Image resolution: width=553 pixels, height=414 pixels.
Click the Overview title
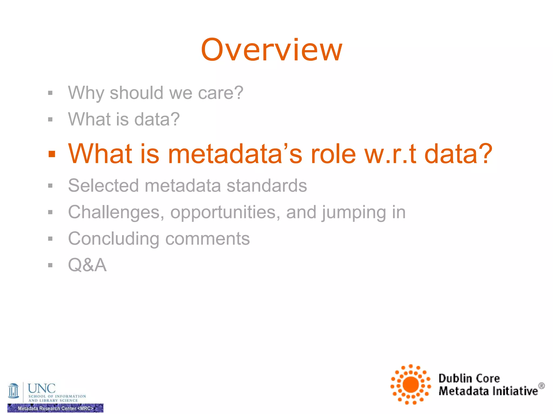coord(272,50)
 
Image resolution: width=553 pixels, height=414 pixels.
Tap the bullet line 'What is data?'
coord(124,119)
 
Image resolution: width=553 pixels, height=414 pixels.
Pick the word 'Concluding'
coord(114,239)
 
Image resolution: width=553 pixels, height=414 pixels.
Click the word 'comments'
coord(207,239)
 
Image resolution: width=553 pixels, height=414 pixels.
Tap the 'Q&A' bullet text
coord(87,265)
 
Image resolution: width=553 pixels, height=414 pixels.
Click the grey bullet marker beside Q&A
coord(50,265)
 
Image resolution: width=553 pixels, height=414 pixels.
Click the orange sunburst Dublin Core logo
coord(410,384)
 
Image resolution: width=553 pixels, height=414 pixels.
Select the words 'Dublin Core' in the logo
coord(469,378)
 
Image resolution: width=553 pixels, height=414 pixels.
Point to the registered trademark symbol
coord(541,386)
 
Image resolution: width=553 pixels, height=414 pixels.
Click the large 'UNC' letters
coord(42,388)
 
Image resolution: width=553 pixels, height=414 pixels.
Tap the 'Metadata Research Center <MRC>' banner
coord(55,408)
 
